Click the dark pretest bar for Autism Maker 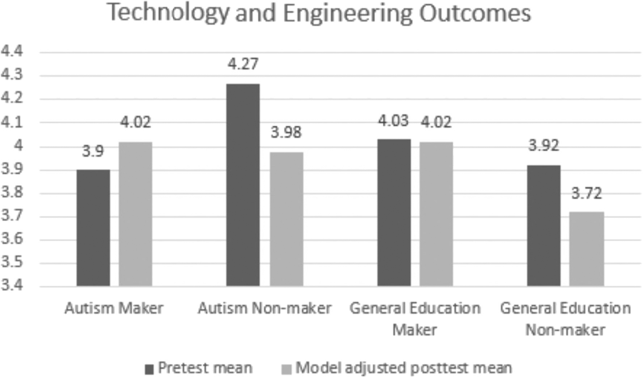(x=93, y=228)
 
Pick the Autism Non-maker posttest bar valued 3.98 (x=286, y=219)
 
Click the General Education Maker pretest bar (x=394, y=213)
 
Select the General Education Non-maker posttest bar (x=586, y=249)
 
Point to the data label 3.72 (x=586, y=194)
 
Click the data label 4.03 (x=393, y=121)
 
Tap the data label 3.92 (x=543, y=146)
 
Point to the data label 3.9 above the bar (x=93, y=151)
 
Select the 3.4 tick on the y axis (x=12, y=285)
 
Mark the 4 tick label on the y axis (x=18, y=146)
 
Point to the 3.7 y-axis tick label (x=12, y=216)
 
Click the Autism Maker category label (x=114, y=308)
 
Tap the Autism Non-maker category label (x=265, y=308)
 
